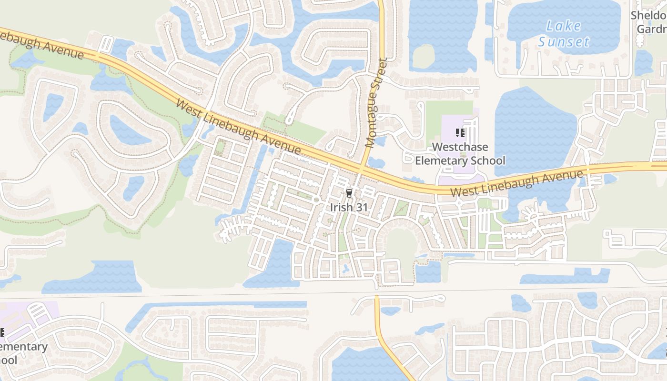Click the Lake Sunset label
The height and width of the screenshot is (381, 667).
(564, 33)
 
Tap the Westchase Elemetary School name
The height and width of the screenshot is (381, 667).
(460, 154)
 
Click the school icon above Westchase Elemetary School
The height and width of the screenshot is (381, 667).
(460, 132)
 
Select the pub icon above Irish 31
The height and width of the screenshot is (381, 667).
(349, 193)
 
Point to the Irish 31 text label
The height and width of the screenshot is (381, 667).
(349, 208)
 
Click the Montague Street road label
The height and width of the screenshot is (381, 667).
(376, 102)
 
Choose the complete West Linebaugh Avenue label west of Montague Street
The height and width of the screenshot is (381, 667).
(238, 126)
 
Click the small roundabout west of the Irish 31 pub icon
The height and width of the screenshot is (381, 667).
(316, 200)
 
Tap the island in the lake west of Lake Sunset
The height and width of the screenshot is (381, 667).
(423, 57)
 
